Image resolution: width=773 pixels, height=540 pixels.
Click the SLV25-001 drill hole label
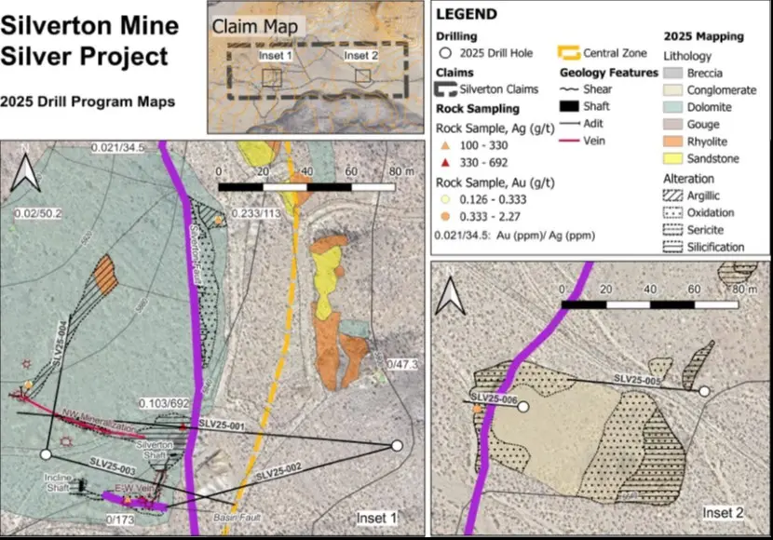tap(221, 425)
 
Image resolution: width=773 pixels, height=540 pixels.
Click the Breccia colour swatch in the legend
tap(674, 73)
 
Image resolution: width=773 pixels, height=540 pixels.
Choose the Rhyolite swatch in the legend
tap(674, 142)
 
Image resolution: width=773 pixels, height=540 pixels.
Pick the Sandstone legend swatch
tap(674, 159)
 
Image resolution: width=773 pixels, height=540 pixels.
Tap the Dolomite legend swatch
tap(674, 107)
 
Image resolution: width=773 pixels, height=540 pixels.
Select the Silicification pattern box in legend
tap(674, 247)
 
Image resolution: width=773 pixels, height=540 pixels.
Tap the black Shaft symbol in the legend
tap(568, 107)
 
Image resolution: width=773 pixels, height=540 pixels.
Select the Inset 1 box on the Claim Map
tap(273, 77)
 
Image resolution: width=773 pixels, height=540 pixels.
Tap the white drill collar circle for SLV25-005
tap(704, 392)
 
